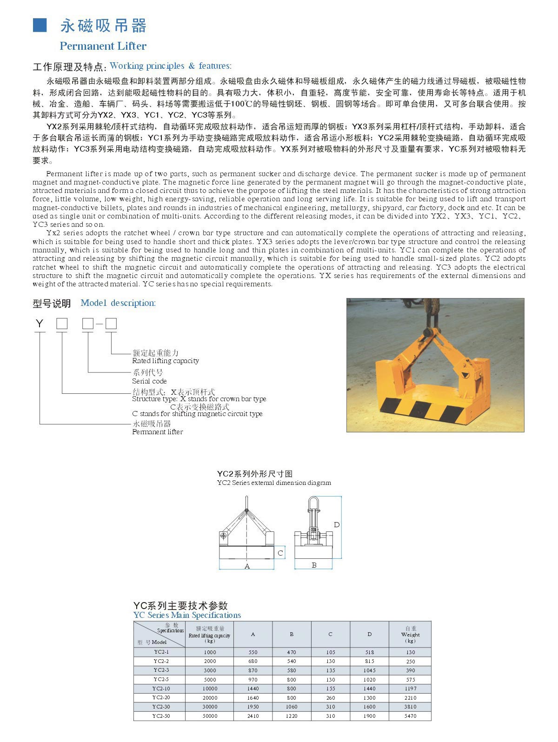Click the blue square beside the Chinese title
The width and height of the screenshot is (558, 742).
tap(40, 26)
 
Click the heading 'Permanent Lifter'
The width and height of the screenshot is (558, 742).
tap(103, 46)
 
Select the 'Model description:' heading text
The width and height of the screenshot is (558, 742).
tap(118, 303)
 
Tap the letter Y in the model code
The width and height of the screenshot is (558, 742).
tap(40, 324)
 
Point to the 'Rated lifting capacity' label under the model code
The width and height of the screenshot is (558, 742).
tap(165, 361)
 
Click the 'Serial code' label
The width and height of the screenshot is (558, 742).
tap(149, 381)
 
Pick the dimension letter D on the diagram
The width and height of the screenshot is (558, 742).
tap(337, 525)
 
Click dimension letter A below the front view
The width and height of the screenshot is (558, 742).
tap(247, 566)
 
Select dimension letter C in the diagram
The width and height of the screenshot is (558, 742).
tap(280, 553)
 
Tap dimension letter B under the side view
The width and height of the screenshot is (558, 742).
tap(314, 565)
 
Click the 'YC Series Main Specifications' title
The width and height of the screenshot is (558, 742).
tap(187, 615)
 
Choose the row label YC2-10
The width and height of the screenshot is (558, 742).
tap(161, 689)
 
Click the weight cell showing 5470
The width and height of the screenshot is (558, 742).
tap(410, 716)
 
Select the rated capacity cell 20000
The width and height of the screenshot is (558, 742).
tap(210, 698)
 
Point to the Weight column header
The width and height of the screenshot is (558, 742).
tap(410, 634)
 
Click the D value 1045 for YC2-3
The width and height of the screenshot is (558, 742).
tap(369, 670)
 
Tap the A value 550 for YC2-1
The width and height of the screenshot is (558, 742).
tap(253, 652)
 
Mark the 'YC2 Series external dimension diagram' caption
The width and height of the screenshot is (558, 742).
tap(274, 483)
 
